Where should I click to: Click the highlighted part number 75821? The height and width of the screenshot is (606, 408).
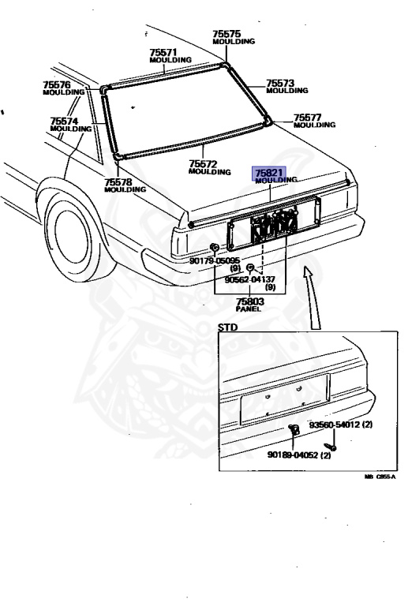click(269, 172)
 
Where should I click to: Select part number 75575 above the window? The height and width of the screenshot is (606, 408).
click(226, 34)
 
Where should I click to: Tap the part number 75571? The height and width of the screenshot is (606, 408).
click(163, 53)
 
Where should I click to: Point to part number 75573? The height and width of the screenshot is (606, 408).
click(280, 83)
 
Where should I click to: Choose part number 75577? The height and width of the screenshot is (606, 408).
click(308, 117)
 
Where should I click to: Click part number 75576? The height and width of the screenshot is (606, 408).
click(57, 84)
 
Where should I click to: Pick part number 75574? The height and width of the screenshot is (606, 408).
click(64, 121)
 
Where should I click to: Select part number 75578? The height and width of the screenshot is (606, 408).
click(118, 181)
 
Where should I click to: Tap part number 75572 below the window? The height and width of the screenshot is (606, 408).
click(203, 164)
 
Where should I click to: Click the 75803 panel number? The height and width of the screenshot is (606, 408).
click(250, 301)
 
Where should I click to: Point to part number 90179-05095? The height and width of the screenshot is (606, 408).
click(215, 260)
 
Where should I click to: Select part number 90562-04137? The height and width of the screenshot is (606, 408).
click(250, 279)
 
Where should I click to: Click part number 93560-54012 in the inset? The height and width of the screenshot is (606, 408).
click(335, 425)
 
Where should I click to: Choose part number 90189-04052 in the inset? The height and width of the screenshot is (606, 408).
click(294, 454)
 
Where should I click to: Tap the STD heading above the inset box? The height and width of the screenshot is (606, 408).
click(227, 327)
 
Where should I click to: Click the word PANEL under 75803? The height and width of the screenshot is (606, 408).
click(249, 309)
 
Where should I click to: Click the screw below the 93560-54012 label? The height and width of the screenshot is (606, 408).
click(330, 447)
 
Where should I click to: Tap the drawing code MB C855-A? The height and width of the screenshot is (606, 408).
click(380, 477)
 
